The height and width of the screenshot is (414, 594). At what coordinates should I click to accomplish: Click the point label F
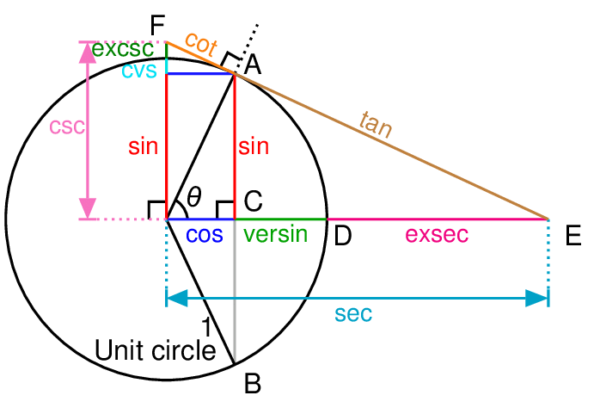click(x=157, y=25)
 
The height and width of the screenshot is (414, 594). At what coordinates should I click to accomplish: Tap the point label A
click(x=252, y=64)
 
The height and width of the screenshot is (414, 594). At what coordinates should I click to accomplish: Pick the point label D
click(x=343, y=235)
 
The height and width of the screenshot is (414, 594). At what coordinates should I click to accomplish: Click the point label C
click(x=253, y=201)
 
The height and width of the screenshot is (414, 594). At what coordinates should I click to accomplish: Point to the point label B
click(x=252, y=385)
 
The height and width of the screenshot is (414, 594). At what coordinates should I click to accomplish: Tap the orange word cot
click(x=200, y=47)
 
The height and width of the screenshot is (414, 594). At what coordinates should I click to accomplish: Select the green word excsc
click(x=123, y=50)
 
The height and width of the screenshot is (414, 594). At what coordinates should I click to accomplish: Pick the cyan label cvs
click(x=138, y=70)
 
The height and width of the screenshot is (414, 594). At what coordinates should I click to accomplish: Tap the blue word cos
click(x=205, y=234)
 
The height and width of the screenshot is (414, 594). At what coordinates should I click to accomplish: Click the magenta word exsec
click(x=437, y=234)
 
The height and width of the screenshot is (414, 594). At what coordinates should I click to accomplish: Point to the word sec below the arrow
click(x=354, y=314)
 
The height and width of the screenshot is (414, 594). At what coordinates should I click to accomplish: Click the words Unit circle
click(x=155, y=350)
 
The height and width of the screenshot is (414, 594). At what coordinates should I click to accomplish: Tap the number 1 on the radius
click(x=206, y=326)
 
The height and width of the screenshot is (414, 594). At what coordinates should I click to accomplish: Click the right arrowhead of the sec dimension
click(x=537, y=299)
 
